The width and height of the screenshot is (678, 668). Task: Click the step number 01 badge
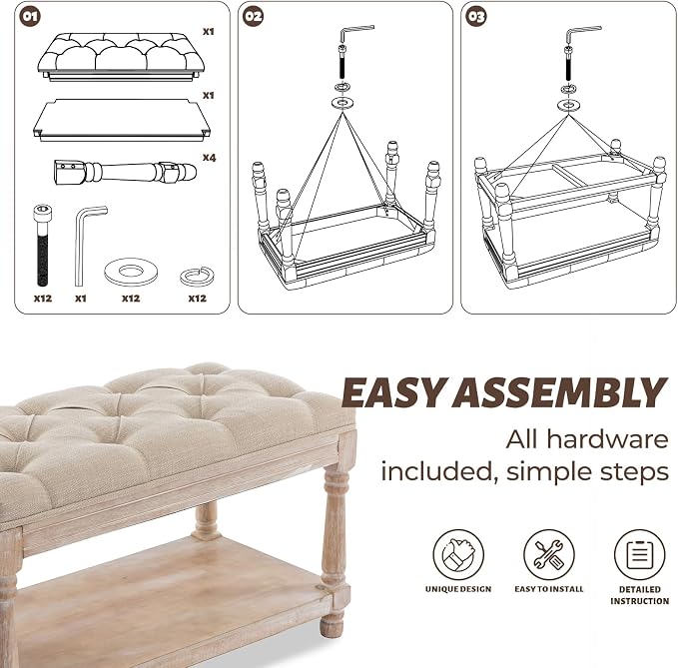coord(30,16)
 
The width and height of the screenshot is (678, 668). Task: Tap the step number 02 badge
coord(253,16)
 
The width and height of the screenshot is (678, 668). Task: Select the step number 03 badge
coord(476,16)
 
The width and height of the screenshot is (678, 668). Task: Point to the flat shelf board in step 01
coord(122,120)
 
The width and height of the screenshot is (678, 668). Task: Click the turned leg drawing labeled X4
coord(125,172)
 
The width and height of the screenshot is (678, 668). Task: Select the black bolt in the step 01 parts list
coord(43,245)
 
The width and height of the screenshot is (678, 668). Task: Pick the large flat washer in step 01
coord(131,272)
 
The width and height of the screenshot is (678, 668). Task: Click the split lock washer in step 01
coord(197,277)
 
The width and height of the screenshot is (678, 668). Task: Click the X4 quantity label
coord(209,158)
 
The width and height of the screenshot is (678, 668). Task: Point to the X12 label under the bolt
coord(43,299)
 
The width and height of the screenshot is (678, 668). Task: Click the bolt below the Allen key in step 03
coord(569,64)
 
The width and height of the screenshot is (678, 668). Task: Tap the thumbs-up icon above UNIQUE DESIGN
coord(458,554)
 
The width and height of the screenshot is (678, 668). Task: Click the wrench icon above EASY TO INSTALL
coord(549,554)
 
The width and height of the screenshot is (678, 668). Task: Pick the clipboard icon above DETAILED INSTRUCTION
coord(639,554)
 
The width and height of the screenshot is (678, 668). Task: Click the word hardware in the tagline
coord(607,439)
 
